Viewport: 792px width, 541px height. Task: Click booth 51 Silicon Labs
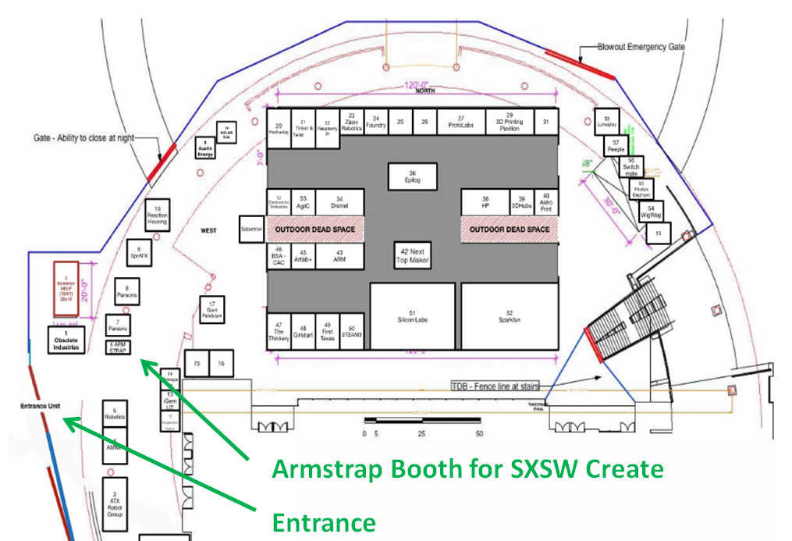[x=412, y=316]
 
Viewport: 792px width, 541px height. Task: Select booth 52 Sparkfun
[x=509, y=316]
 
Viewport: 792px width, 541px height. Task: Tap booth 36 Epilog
[x=413, y=176]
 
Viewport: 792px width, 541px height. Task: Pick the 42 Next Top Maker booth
[x=413, y=255]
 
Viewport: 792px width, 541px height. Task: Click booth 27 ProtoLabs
[x=460, y=122]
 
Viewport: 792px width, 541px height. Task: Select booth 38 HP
[x=485, y=202]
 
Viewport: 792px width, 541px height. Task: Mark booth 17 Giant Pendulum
[x=211, y=310]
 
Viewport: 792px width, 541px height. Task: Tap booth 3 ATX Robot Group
[x=115, y=504]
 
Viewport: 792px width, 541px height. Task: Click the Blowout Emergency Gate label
[x=641, y=47]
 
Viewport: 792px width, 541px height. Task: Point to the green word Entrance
[x=323, y=521]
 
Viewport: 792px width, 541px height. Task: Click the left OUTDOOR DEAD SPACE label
[x=315, y=230]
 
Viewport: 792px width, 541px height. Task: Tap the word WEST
[x=208, y=231]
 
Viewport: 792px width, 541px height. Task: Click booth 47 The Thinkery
[x=279, y=332]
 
